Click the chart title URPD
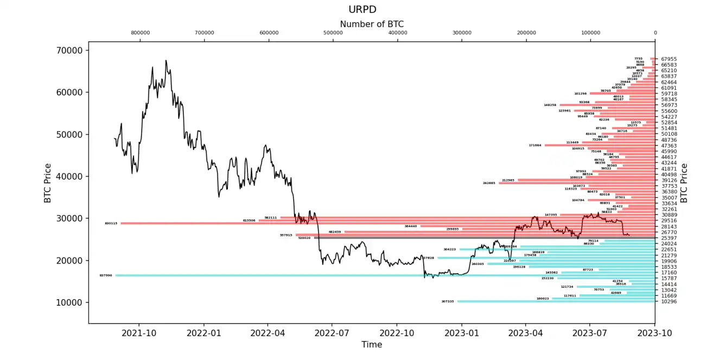[x=362, y=10]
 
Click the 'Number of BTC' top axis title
[x=372, y=24]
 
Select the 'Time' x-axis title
[x=372, y=344]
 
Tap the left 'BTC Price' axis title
[x=48, y=183]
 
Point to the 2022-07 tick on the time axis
[x=332, y=331]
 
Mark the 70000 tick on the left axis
[x=70, y=50]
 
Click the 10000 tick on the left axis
[x=70, y=302]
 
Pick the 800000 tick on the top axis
[x=140, y=33]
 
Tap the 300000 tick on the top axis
[x=462, y=33]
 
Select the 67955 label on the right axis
[x=669, y=59]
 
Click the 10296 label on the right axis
[x=669, y=301]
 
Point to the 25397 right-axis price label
[x=669, y=238]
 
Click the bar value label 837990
[x=106, y=275]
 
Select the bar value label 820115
[x=111, y=223]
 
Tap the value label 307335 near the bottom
[x=448, y=301]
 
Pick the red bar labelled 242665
[x=575, y=183]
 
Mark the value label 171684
[x=535, y=146]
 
